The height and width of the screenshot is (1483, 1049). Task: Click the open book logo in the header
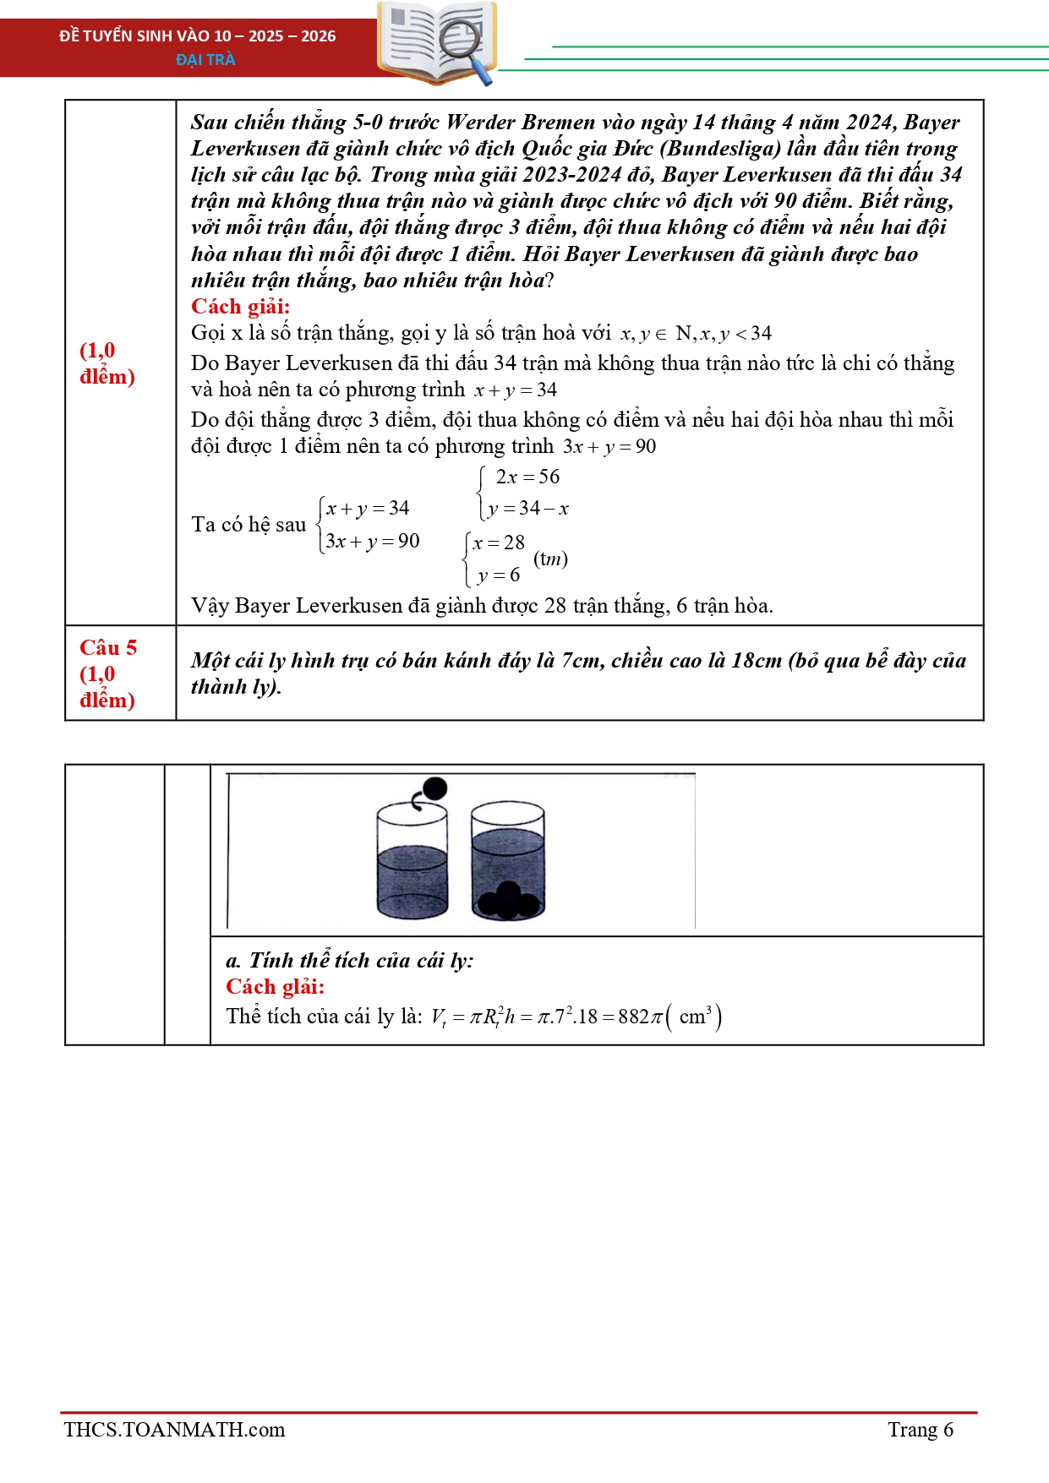pos(435,42)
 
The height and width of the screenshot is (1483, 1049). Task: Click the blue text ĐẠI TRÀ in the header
pos(205,59)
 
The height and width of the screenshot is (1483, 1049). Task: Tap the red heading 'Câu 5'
pos(108,648)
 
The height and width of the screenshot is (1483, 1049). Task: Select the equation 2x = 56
pos(527,477)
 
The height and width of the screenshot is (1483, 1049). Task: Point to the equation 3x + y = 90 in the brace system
pos(372,542)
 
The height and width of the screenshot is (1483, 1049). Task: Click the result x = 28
pos(499,543)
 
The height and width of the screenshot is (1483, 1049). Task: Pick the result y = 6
pos(498,575)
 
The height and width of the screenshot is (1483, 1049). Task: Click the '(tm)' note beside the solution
pos(550,559)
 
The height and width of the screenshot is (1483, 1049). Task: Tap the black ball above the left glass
pos(434,788)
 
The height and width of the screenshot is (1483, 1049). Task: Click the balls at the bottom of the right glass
pos(508,901)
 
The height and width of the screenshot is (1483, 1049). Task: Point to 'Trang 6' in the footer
pos(920,1430)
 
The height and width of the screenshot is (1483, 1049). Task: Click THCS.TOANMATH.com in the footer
pos(174,1430)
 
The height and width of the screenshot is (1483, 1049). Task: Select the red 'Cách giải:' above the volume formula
pos(275,987)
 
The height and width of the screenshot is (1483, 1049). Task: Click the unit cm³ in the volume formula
pos(696,1016)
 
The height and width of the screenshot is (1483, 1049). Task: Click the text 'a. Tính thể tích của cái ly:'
pos(349,961)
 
